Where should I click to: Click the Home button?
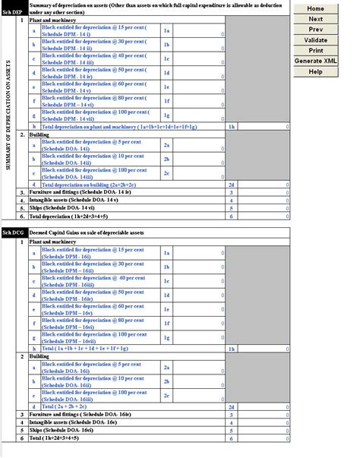pos(315,8)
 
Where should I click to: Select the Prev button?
pos(315,30)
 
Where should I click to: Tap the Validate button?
pos(315,40)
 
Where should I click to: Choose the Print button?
pos(315,50)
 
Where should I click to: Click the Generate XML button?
pos(315,61)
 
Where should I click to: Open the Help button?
pos(315,71)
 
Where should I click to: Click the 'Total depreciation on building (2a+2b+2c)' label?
pos(89,185)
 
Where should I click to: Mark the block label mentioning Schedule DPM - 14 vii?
pos(80,115)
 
